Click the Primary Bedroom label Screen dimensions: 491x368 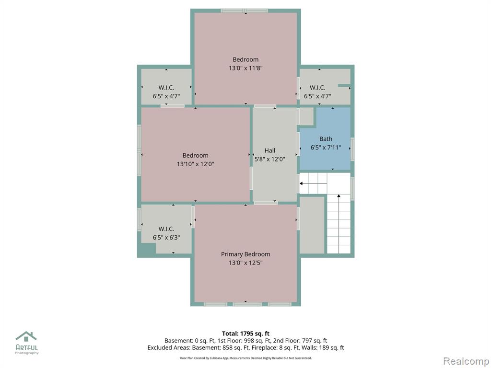point(245,254)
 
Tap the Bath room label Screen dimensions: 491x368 point(326,139)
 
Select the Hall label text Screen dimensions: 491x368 point(269,150)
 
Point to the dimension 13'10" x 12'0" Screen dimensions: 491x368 point(196,164)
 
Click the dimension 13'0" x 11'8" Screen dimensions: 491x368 point(245,68)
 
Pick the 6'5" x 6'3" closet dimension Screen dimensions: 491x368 point(166,238)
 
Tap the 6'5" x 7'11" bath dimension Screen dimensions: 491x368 point(326,148)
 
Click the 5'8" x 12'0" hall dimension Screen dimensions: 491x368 point(269,159)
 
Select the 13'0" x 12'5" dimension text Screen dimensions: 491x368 point(245,263)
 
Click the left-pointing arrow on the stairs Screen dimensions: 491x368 point(313,184)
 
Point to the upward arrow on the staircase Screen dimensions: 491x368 point(339,223)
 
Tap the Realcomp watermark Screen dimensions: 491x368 point(466,361)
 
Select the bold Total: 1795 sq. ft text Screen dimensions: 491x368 point(245,333)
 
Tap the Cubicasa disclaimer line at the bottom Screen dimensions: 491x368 point(245,358)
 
